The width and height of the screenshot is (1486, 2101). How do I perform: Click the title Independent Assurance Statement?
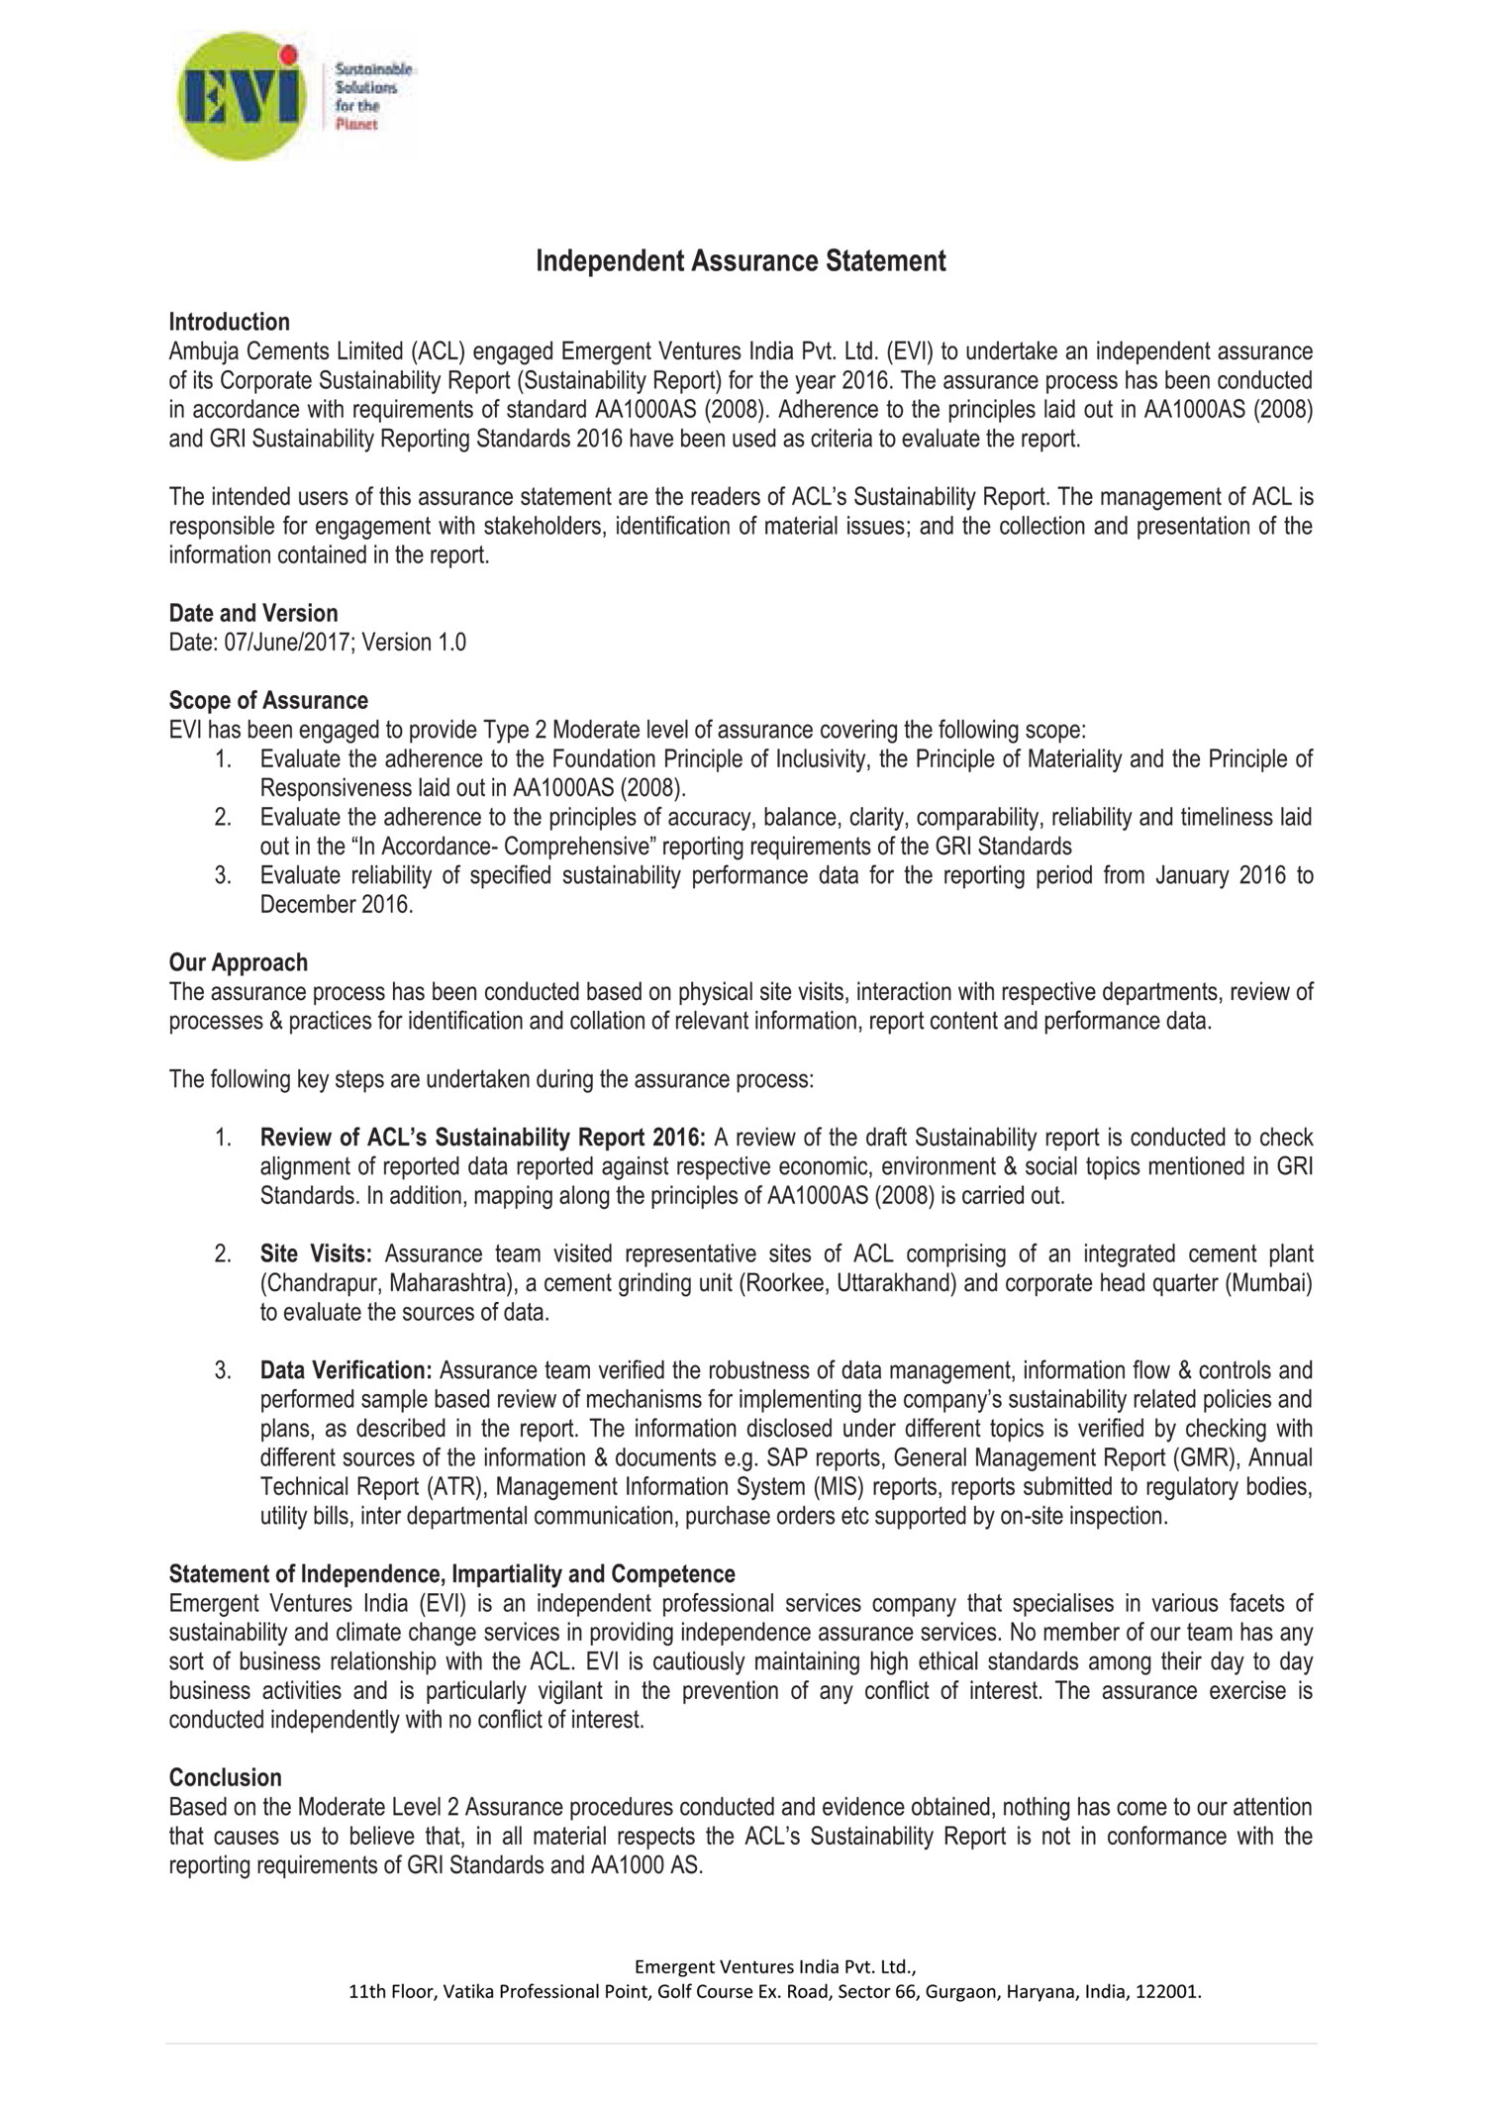(x=741, y=261)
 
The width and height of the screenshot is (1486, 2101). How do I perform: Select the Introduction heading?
(x=230, y=322)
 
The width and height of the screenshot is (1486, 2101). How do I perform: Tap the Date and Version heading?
(x=253, y=613)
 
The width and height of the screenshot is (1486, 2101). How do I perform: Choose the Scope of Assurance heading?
(x=268, y=701)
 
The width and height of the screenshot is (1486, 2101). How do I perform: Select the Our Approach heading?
(x=239, y=962)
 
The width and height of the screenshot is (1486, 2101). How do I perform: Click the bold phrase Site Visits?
(x=316, y=1254)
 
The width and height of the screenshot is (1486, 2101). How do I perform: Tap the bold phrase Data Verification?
(x=347, y=1371)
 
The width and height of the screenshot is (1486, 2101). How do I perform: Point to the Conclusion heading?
(x=226, y=1777)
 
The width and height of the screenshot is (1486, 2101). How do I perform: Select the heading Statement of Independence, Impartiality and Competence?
(x=452, y=1574)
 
